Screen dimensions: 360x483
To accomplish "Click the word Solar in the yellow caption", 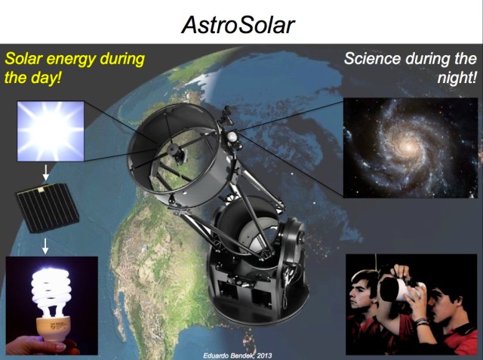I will (x=26, y=59).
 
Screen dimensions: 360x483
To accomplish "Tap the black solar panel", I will (x=47, y=213).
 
